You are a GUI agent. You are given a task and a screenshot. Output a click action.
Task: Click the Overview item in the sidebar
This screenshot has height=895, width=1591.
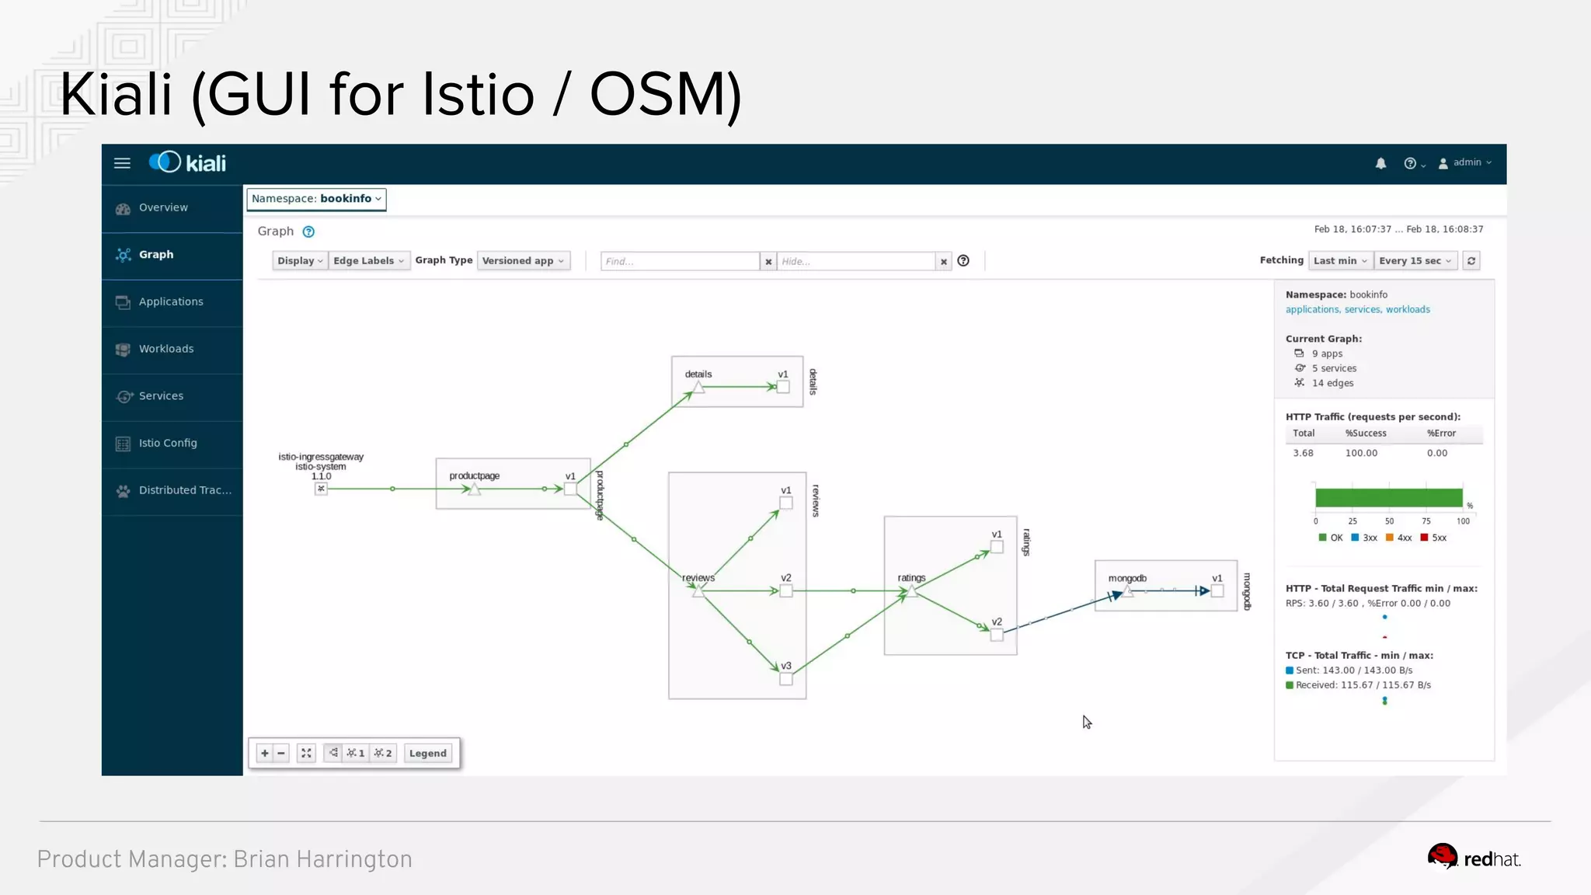pos(163,207)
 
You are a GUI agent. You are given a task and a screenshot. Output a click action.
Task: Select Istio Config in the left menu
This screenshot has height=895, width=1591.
pos(168,443)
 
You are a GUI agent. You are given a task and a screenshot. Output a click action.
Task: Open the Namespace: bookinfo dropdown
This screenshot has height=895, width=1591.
pos(316,199)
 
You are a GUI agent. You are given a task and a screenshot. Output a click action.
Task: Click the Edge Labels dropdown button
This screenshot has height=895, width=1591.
pos(368,261)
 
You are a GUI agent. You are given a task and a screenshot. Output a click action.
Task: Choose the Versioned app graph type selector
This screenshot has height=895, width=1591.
pos(523,261)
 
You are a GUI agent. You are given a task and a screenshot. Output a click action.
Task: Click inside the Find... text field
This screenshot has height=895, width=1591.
pos(679,262)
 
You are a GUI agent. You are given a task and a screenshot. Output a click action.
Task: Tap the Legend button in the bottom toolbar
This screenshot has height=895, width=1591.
pos(427,753)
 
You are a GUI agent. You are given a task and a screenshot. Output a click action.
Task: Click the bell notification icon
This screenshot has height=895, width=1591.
pos(1380,163)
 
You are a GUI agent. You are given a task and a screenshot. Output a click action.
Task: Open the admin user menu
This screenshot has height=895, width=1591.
pos(1465,163)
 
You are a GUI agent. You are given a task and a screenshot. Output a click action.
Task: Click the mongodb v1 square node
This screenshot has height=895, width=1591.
pos(1217,591)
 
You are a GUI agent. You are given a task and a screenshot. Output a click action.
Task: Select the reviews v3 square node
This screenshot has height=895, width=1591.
pos(786,679)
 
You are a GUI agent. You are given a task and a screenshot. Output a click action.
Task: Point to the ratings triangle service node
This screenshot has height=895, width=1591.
pos(912,591)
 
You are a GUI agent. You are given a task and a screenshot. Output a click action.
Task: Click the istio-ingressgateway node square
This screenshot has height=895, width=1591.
pos(321,489)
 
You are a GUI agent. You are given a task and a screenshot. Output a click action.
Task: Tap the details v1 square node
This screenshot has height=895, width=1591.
pos(783,387)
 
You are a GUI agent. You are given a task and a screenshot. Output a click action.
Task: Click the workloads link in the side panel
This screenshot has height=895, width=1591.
pos(1408,309)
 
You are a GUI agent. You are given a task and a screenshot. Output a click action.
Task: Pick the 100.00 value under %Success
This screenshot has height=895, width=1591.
pos(1361,453)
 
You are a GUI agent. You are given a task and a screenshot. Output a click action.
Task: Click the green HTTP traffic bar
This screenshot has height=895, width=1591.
pos(1388,498)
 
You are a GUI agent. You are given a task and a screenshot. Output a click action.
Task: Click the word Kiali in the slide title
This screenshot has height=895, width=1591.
pos(117,95)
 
